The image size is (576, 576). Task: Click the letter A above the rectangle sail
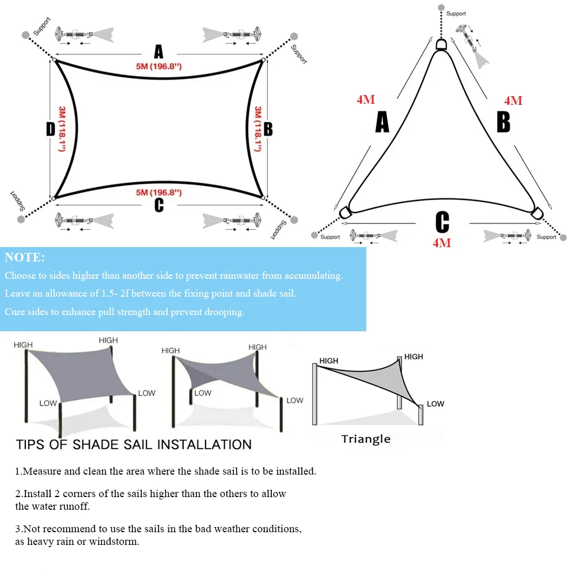158,52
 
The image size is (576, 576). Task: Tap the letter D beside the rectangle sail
50,129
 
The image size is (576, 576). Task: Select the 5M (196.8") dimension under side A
159,66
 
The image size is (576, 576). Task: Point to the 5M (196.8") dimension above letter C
159,192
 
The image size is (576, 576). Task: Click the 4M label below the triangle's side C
442,243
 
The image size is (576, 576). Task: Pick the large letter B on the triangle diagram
503,122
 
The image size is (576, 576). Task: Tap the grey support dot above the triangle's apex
441,7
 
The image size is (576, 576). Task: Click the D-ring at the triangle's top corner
441,44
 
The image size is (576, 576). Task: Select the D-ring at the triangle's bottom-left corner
345,213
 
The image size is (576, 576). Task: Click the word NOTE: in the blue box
25,257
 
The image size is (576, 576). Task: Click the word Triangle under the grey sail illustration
366,439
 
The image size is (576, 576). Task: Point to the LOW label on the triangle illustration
435,404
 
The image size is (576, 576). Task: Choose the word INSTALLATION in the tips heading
204,445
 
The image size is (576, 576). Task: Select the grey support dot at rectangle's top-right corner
294,36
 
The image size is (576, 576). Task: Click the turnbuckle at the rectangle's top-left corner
74,35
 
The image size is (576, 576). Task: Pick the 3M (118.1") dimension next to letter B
258,129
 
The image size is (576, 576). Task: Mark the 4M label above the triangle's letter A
366,100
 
